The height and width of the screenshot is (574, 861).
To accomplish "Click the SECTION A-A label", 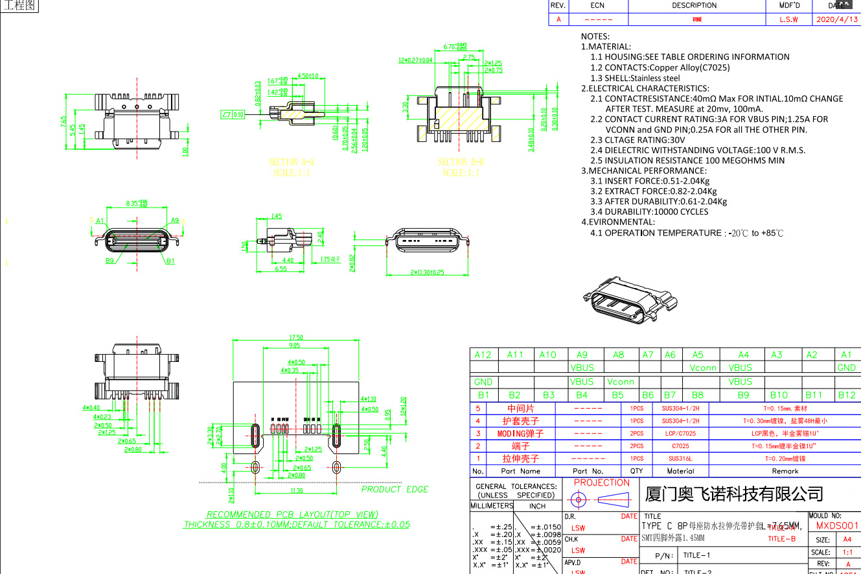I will point(292,162).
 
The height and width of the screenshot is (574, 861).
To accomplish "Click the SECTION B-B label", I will point(461,162).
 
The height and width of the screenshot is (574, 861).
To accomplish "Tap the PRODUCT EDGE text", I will point(395,489).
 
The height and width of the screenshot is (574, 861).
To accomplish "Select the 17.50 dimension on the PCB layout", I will point(296,337).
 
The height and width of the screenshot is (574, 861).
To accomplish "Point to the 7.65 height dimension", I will point(63,123).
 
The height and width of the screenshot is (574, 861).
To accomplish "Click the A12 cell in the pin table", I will point(483,355).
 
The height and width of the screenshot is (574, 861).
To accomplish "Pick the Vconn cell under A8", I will point(620,382).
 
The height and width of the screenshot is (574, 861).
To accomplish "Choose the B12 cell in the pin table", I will point(846,394).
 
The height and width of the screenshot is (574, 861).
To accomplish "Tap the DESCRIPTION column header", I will point(694,5).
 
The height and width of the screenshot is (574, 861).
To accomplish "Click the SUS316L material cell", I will point(680,459).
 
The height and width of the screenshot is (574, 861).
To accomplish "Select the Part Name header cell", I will point(520,472).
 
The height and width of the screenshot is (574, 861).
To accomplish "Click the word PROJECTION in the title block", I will point(601,483).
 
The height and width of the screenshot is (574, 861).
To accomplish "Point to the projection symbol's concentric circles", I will point(579,500).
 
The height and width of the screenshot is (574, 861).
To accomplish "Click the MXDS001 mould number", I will point(836,526).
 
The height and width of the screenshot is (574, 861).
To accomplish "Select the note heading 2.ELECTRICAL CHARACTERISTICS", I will point(645,88).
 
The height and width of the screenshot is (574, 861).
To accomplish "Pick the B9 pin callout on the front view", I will point(109,261).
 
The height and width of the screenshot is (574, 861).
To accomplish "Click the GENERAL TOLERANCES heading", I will point(516,486).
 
